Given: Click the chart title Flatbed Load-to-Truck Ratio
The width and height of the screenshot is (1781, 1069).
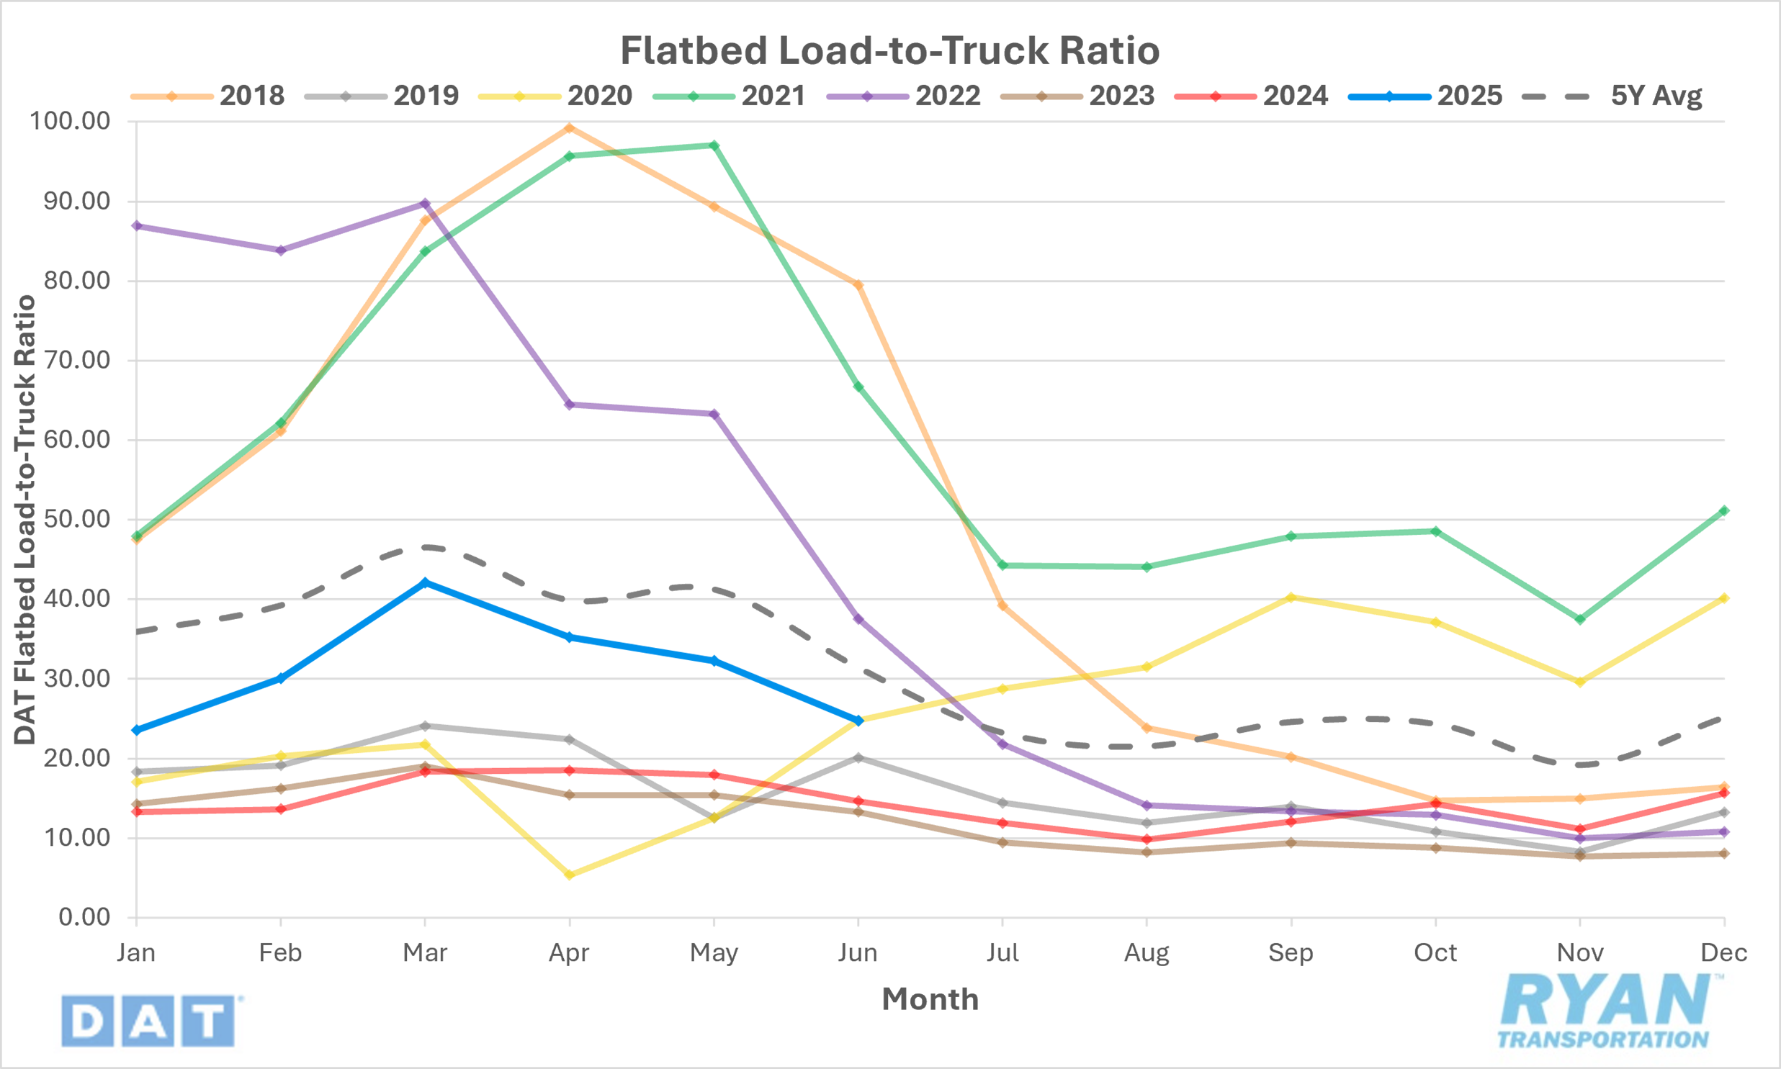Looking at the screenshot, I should [889, 50].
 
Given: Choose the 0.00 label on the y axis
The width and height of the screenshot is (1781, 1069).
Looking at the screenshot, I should [84, 918].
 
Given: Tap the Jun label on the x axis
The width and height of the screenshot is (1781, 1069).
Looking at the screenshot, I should [857, 954].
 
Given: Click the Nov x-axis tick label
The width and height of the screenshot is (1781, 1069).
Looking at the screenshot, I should [1580, 954].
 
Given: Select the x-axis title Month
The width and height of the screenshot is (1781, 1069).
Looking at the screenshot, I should [930, 1000].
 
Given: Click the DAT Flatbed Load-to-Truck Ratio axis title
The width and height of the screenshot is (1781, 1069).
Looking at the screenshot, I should [25, 519].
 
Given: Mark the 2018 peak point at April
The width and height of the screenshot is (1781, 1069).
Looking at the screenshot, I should [569, 128].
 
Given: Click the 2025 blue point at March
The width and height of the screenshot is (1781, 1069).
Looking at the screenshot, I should [425, 583].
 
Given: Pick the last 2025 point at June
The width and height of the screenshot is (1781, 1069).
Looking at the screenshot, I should [858, 721].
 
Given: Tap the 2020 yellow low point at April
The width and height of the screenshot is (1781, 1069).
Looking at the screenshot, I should [569, 875].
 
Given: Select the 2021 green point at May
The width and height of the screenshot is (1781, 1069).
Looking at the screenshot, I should [714, 145].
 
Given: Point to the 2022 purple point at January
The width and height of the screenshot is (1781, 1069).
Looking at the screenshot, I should [137, 226].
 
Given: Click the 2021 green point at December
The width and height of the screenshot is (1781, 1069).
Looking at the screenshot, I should [1724, 510].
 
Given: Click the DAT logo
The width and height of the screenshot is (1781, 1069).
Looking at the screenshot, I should [148, 1021].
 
